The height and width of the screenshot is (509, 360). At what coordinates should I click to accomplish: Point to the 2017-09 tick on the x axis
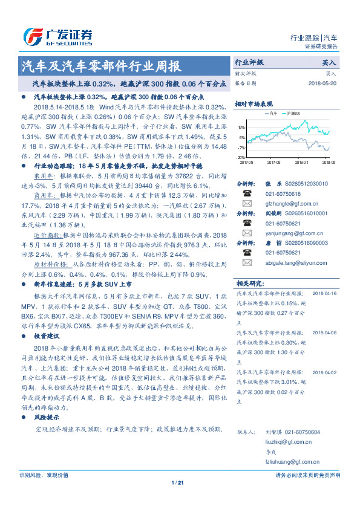(x=273, y=162)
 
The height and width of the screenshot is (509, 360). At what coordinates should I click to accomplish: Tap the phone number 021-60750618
(x=284, y=193)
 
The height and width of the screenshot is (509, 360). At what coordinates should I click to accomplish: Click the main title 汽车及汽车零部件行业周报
(x=100, y=65)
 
